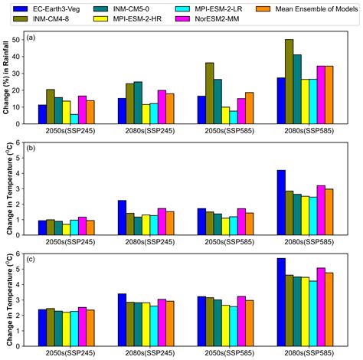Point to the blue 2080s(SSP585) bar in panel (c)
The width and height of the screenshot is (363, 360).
point(280,298)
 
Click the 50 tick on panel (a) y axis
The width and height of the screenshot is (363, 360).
point(20,40)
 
